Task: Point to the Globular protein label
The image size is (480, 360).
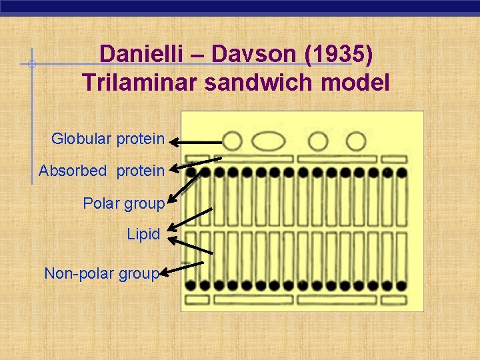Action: [x=107, y=139]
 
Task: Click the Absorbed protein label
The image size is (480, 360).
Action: [x=101, y=171]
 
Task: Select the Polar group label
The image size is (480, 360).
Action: [x=123, y=203]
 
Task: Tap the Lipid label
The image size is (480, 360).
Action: [x=143, y=235]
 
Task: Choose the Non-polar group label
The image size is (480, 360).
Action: [x=101, y=273]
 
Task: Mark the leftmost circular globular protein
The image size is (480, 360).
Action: [x=232, y=141]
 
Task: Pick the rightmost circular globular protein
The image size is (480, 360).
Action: [x=356, y=141]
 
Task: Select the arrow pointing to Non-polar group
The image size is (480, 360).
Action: [x=181, y=268]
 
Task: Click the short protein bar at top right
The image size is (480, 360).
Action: [x=394, y=159]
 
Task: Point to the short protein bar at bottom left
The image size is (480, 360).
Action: [x=197, y=299]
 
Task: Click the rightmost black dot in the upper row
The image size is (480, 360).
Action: [x=401, y=173]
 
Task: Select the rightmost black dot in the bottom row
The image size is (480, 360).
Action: [x=401, y=285]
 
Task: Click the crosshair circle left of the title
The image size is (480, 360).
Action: [x=31, y=65]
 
